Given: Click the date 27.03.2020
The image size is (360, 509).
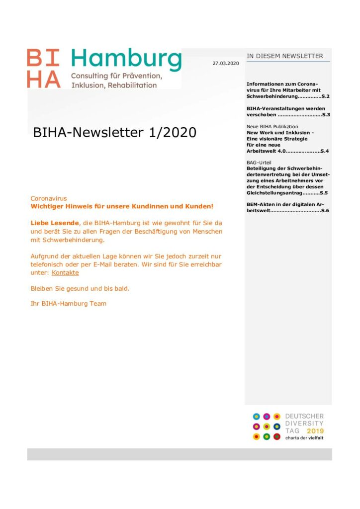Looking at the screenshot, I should tap(226, 64).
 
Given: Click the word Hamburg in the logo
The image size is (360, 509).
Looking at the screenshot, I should tap(126, 61).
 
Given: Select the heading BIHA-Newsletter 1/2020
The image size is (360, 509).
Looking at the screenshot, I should tap(114, 133).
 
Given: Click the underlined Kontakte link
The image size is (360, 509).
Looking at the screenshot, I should tap(65, 272).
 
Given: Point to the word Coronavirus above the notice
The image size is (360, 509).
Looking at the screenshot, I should tap(49, 198).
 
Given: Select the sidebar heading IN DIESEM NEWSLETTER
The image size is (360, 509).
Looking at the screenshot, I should tap(285, 56).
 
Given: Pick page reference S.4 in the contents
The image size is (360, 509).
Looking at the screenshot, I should tap(324, 150).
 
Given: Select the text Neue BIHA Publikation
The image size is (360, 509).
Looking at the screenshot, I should tap(272, 127).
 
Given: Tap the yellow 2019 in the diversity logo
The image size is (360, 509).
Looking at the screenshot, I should tap(315, 430).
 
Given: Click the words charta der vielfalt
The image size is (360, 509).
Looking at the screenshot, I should tap(304, 438).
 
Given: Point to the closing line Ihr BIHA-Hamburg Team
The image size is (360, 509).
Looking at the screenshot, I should tap(69, 303).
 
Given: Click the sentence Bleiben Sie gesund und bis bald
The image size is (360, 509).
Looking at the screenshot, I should tap(80, 288).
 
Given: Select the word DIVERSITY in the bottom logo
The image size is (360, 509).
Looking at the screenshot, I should tap(304, 423).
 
